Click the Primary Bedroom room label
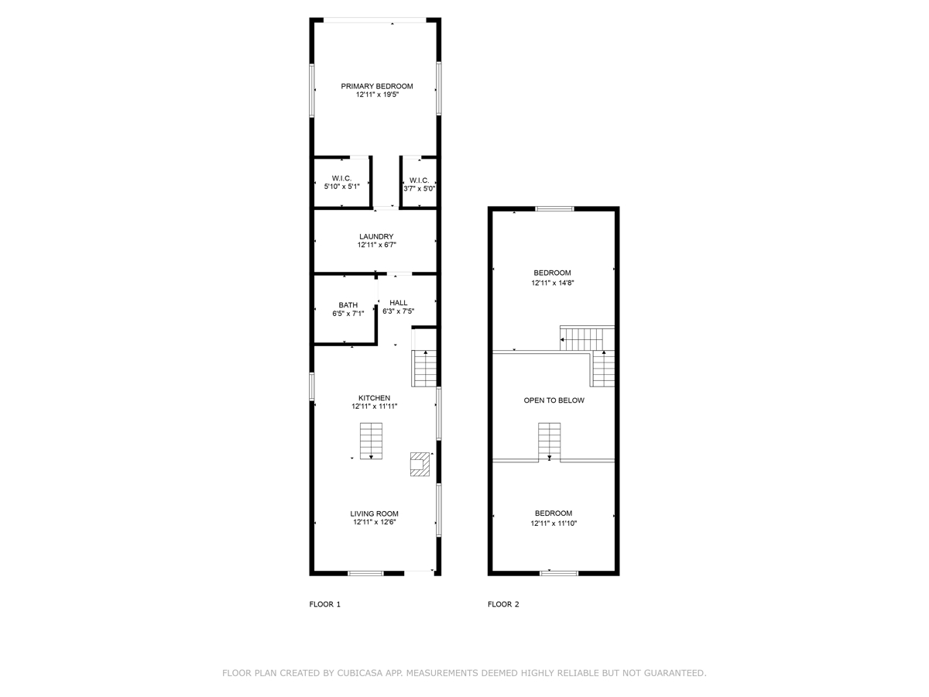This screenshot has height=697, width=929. [x=377, y=86]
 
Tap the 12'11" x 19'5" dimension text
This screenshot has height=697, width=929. [x=377, y=94]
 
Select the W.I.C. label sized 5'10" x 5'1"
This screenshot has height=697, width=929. [x=341, y=178]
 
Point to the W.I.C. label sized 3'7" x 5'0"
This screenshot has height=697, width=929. [x=419, y=180]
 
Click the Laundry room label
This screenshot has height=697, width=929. [x=376, y=236]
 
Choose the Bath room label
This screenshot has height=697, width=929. [x=348, y=305]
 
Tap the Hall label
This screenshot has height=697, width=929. [x=398, y=303]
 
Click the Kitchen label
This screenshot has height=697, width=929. [x=374, y=398]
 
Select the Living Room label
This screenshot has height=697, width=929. [x=374, y=513]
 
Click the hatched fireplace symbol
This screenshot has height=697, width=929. [x=420, y=464]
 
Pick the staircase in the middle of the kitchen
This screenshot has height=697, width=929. [x=371, y=441]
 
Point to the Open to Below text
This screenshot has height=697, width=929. [x=554, y=400]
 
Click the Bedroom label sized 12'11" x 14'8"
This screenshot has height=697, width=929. [x=552, y=273]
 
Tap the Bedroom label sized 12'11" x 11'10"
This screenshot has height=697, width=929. [x=554, y=513]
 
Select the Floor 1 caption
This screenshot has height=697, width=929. [x=324, y=604]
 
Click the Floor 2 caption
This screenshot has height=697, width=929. [x=503, y=604]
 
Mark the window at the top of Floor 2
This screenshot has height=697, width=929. [x=554, y=208]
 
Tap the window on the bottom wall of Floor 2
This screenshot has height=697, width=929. [x=559, y=573]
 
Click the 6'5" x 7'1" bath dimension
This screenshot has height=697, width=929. [x=348, y=314]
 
